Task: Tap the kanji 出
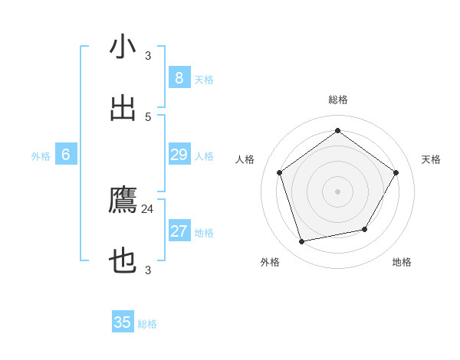pyautogui.click(x=123, y=108)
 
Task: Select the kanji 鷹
pyautogui.click(x=123, y=200)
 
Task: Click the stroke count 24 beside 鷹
pyautogui.click(x=148, y=208)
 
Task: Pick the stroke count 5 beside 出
pyautogui.click(x=148, y=116)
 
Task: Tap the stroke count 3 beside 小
pyautogui.click(x=148, y=55)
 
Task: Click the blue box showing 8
pyautogui.click(x=179, y=78)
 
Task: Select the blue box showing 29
pyautogui.click(x=179, y=155)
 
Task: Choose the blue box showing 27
pyautogui.click(x=179, y=231)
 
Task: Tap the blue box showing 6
pyautogui.click(x=66, y=155)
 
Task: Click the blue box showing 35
pyautogui.click(x=123, y=322)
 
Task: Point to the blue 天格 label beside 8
pyautogui.click(x=204, y=80)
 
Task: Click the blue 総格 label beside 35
pyautogui.click(x=147, y=324)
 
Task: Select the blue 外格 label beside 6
pyautogui.click(x=41, y=156)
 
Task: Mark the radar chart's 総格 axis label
pyautogui.click(x=338, y=100)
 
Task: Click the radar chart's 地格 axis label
pyautogui.click(x=402, y=262)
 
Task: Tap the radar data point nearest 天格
pyautogui.click(x=396, y=172)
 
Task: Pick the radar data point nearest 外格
pyautogui.click(x=302, y=242)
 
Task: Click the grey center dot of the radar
pyautogui.click(x=338, y=191)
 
